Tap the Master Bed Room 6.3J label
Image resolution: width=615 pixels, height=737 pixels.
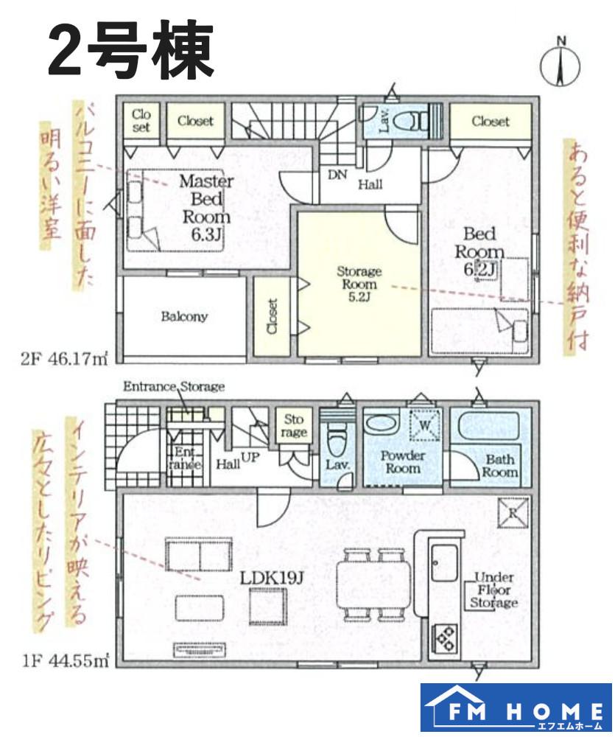click(205, 207)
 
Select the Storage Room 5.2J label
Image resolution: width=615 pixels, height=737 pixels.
click(359, 284)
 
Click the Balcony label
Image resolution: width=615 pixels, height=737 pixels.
click(184, 316)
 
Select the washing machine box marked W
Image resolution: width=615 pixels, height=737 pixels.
click(425, 425)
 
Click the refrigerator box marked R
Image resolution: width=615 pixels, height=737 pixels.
click(513, 512)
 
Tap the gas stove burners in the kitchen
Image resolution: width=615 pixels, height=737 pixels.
click(444, 638)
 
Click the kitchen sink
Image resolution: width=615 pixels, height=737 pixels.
click(444, 563)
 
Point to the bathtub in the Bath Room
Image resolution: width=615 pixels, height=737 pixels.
click(488, 426)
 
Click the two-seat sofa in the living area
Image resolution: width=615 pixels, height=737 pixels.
click(198, 554)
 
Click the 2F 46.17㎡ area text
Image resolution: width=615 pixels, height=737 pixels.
click(64, 359)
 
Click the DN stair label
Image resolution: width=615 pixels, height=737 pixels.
click(337, 175)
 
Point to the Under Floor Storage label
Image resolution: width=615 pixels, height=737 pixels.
click(493, 590)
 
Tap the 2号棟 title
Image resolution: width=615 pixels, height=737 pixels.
click(131, 51)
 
